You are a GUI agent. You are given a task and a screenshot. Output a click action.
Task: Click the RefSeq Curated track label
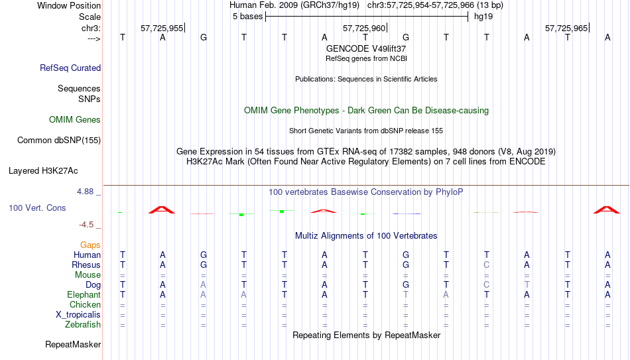pyautogui.click(x=70, y=68)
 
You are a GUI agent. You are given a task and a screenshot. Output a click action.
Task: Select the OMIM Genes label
pyautogui.click(x=75, y=120)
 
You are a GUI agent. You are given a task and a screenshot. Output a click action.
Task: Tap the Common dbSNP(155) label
pyautogui.click(x=59, y=141)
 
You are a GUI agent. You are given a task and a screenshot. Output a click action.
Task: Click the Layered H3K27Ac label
pyautogui.click(x=43, y=171)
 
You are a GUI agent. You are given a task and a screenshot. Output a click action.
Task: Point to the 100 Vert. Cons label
pyautogui.click(x=37, y=208)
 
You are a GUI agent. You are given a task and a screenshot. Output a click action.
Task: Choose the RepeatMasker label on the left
pyautogui.click(x=73, y=344)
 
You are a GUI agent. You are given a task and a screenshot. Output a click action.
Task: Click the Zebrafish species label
pyautogui.click(x=83, y=324)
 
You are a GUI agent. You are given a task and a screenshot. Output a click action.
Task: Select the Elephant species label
pyautogui.click(x=84, y=294)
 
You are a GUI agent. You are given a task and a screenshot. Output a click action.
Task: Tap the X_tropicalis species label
pyautogui.click(x=78, y=315)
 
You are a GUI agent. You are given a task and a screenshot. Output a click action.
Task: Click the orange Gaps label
pyautogui.click(x=90, y=245)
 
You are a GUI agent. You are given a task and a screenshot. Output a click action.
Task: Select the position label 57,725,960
pyautogui.click(x=364, y=28)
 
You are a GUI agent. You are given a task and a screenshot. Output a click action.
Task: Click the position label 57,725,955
pyautogui.click(x=162, y=28)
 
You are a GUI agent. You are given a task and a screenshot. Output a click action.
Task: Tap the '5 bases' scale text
pyautogui.click(x=247, y=17)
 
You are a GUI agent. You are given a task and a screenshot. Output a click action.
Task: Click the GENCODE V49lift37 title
pyautogui.click(x=366, y=48)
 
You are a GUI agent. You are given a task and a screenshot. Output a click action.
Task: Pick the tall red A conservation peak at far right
pyautogui.click(x=607, y=210)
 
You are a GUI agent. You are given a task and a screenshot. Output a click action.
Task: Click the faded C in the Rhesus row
pyautogui.click(x=487, y=265)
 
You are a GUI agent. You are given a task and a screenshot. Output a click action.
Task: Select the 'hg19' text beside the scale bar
pyautogui.click(x=483, y=17)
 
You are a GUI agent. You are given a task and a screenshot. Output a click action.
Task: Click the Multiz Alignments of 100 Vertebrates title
pyautogui.click(x=366, y=236)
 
